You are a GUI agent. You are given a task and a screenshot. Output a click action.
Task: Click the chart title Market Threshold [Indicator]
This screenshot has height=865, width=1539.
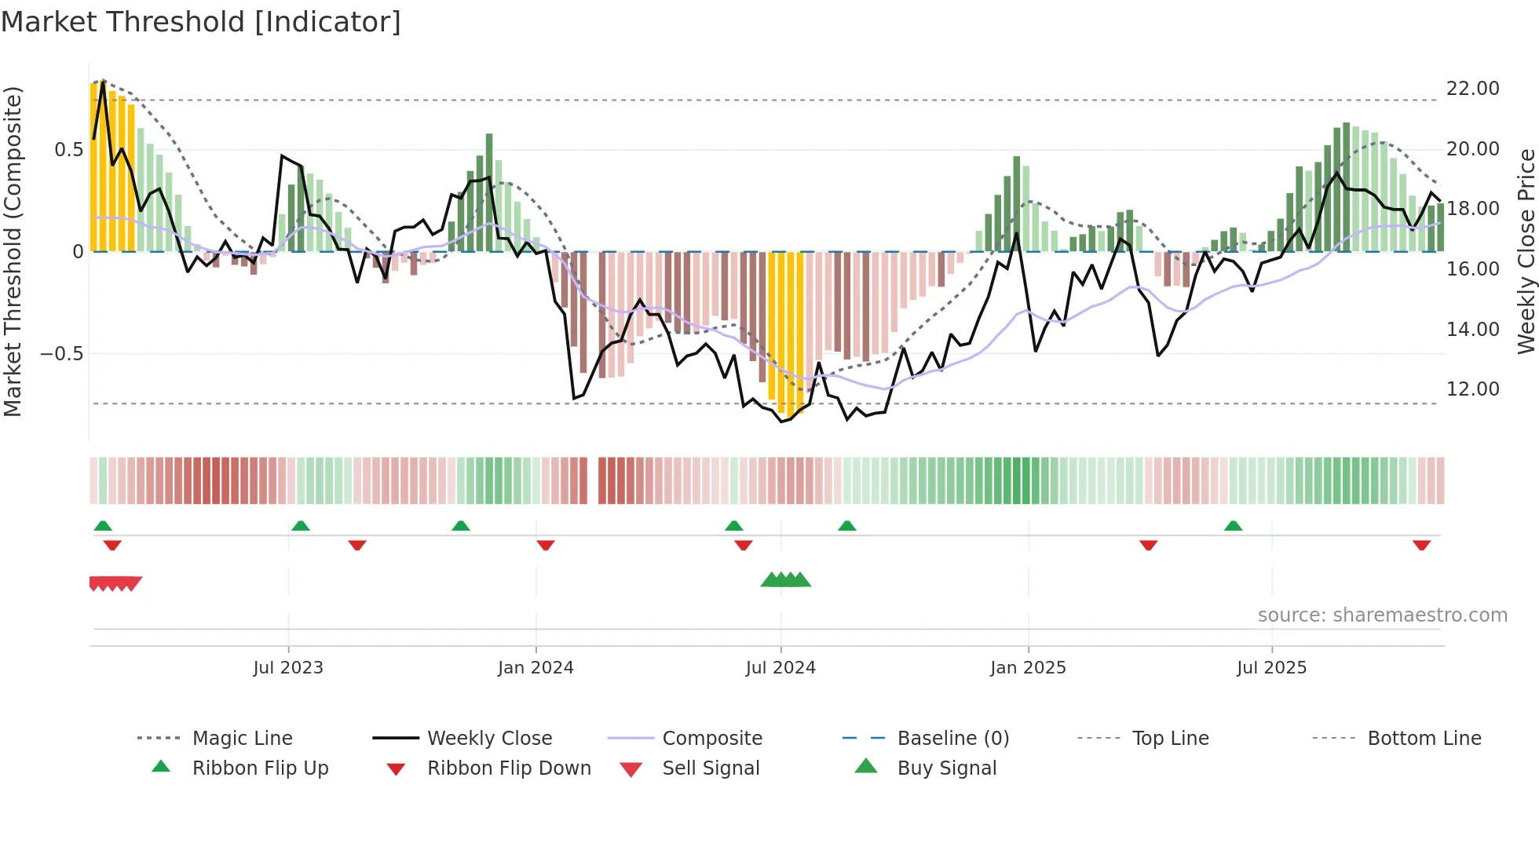(201, 22)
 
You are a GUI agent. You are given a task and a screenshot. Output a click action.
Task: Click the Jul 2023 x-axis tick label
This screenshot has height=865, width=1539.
(288, 667)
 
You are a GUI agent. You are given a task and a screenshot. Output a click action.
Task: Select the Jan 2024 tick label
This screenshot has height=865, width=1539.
(536, 667)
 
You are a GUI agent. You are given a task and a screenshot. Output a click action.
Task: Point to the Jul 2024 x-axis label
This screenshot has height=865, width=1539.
(780, 667)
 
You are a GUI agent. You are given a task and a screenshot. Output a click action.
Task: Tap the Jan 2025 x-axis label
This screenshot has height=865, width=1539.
(1028, 667)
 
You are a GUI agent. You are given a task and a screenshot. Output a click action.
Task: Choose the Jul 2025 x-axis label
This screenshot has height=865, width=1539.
(1271, 667)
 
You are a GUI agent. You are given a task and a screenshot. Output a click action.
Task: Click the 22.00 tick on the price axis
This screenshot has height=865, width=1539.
(1472, 89)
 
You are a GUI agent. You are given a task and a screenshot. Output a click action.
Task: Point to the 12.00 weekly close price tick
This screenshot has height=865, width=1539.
(1472, 389)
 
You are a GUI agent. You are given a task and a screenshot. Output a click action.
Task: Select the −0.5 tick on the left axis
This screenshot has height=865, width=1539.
(61, 354)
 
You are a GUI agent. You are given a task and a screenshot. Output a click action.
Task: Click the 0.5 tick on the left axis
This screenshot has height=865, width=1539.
(68, 150)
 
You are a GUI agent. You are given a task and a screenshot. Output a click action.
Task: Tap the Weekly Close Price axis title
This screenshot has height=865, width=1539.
(1526, 251)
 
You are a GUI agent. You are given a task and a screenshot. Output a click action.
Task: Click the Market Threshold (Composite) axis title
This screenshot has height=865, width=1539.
(13, 251)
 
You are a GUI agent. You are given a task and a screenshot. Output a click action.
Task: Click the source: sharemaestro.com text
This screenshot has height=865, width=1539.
(1382, 615)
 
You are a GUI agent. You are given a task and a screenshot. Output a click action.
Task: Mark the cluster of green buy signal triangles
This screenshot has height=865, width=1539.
(785, 580)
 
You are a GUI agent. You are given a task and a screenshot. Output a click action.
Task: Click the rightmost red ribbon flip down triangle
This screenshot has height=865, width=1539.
(1421, 545)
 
